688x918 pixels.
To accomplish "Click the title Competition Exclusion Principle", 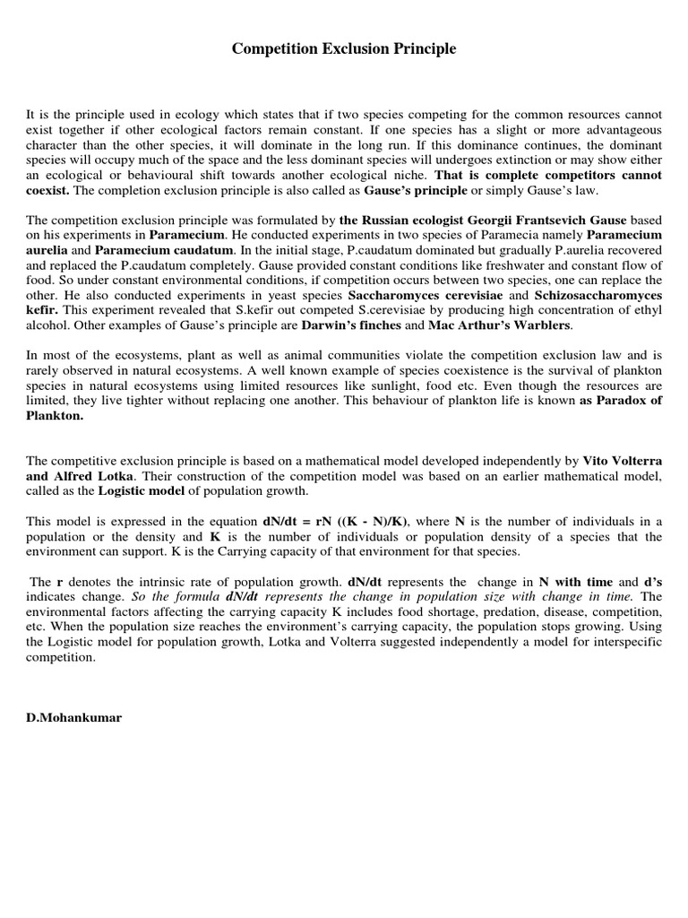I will (344, 49).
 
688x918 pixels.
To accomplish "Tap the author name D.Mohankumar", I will (71, 718).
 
